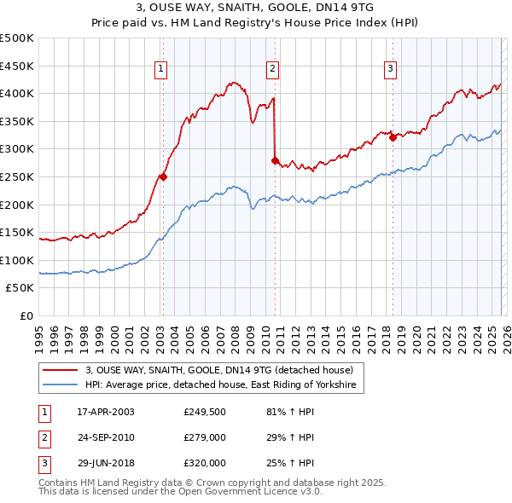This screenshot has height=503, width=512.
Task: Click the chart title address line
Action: [255, 8]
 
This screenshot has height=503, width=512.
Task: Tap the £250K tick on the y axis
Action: [17, 176]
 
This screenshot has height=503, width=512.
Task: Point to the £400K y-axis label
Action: [17, 93]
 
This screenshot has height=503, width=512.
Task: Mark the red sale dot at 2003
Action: [163, 177]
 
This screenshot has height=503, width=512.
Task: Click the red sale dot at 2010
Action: [275, 160]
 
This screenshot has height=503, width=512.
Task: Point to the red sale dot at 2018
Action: [393, 138]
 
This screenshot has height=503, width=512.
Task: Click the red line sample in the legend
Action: [61, 371]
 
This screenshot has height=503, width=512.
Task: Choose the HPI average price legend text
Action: [224, 385]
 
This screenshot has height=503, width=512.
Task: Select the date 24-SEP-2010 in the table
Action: [106, 437]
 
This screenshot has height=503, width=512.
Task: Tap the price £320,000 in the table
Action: [205, 463]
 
